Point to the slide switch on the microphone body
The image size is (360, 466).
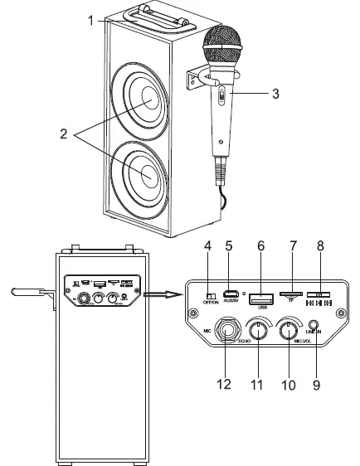[x=220, y=96]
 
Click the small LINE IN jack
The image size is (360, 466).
[x=314, y=335]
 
